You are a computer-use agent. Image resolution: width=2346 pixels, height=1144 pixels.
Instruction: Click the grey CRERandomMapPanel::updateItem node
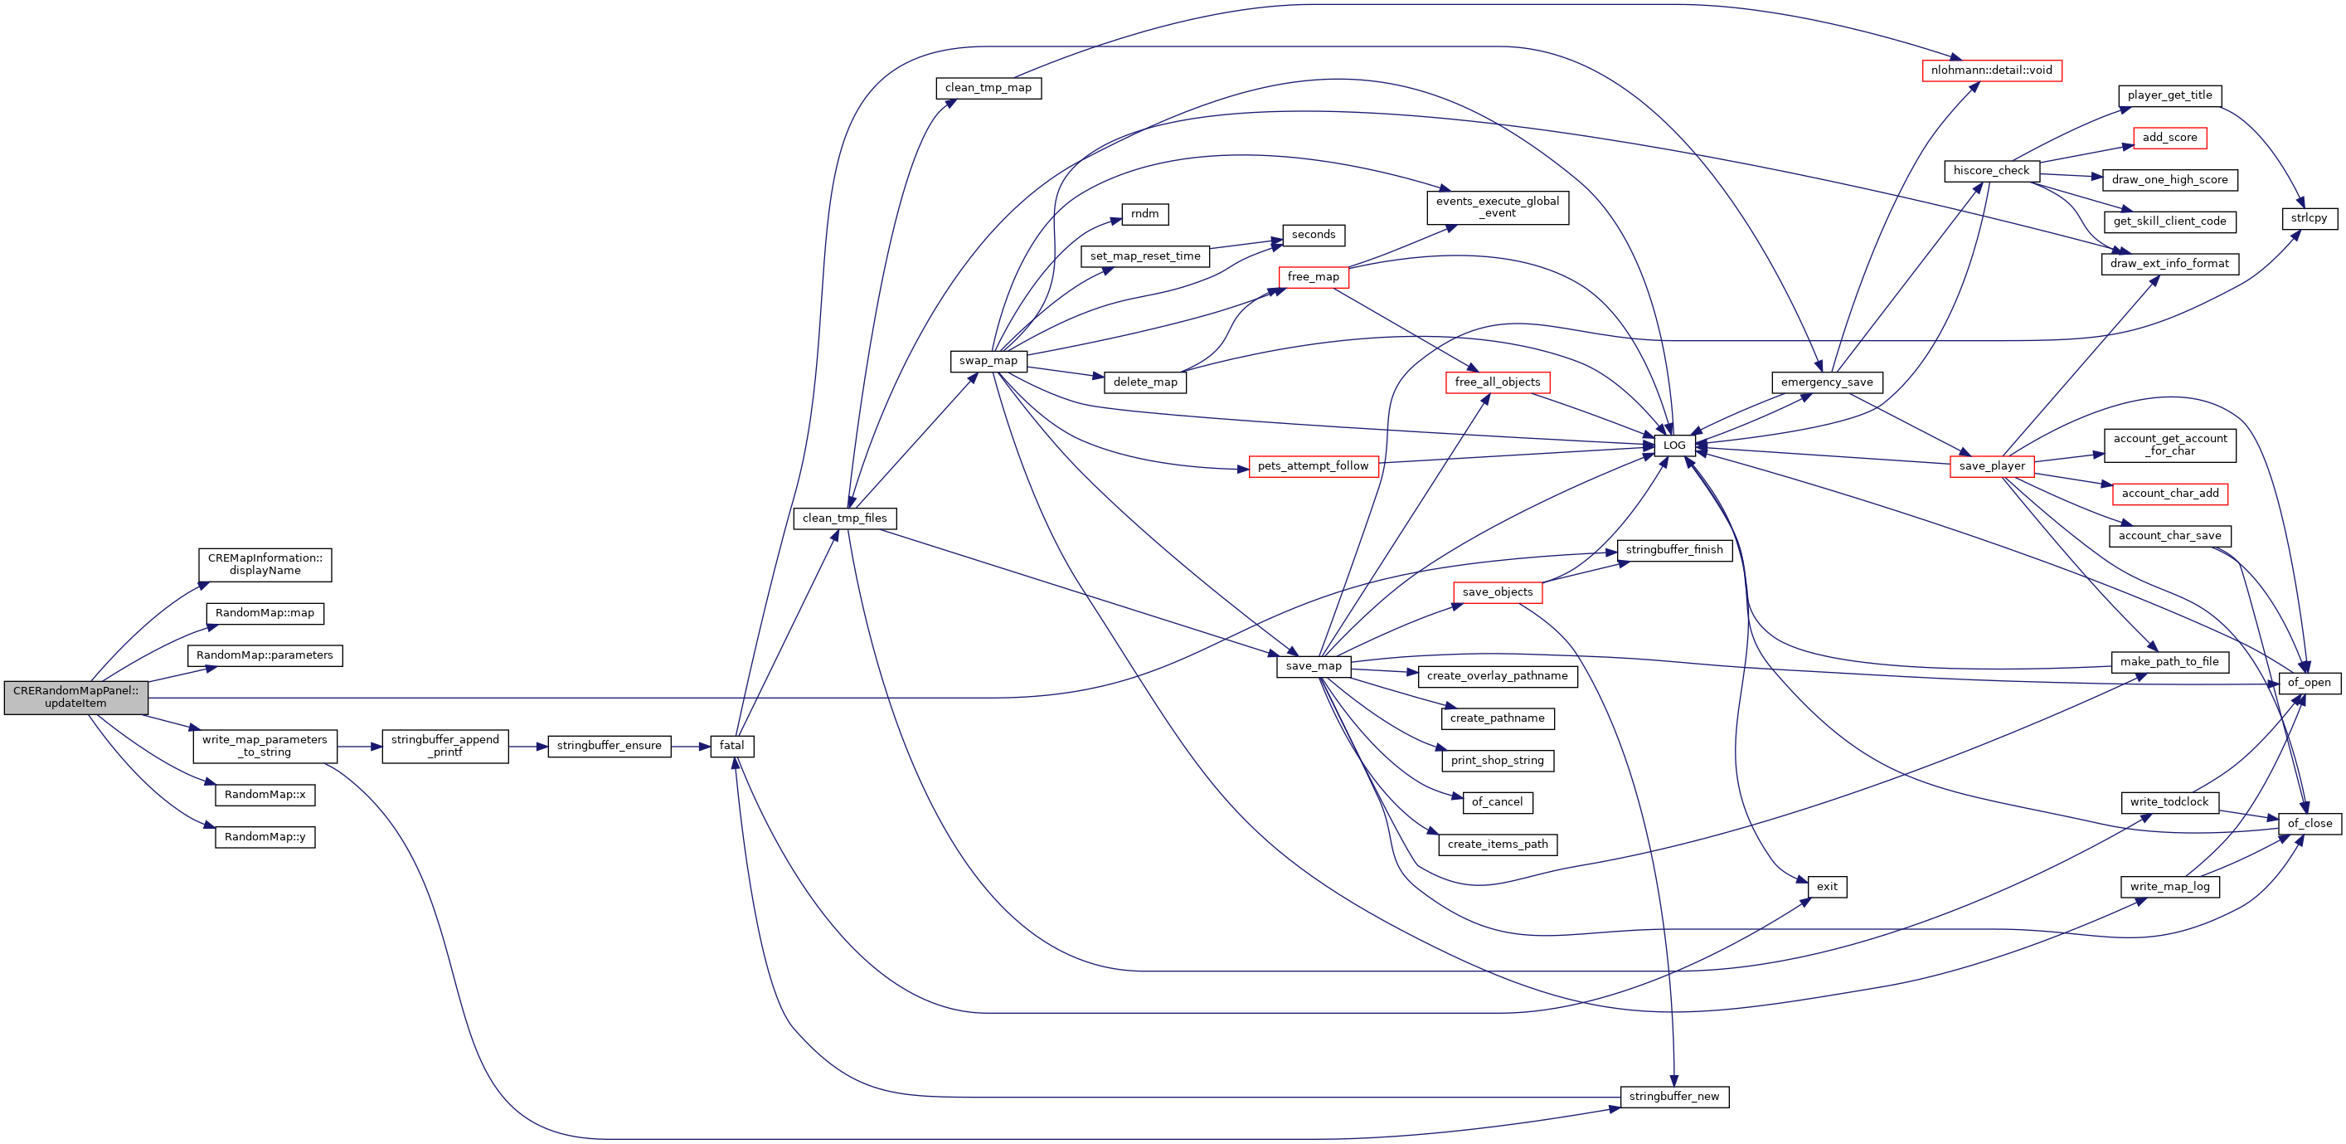click(x=75, y=697)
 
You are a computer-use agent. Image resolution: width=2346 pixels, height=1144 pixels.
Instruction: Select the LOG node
click(x=1674, y=445)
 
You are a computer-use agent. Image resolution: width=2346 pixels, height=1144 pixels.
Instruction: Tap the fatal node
click(x=731, y=746)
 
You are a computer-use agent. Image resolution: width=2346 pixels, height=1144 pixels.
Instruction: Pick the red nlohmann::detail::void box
click(x=1991, y=71)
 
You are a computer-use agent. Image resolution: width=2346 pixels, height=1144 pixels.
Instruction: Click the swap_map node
click(x=987, y=361)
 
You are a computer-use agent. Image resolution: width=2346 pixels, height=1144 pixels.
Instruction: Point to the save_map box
click(x=1314, y=666)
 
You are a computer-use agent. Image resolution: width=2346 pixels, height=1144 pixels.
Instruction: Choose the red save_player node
click(x=1992, y=466)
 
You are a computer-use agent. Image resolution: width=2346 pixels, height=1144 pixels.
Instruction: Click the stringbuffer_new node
click(x=1674, y=1097)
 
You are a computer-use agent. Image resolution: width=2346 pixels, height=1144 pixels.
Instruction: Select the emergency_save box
click(x=1827, y=382)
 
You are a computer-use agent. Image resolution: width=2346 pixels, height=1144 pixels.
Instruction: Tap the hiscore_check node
click(x=1991, y=170)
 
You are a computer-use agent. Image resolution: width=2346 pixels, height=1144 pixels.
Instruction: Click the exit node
click(x=1827, y=886)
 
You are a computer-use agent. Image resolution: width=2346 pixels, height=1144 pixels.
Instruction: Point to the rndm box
click(x=1144, y=214)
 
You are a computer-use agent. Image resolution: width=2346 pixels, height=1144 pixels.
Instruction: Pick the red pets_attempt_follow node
click(x=1313, y=466)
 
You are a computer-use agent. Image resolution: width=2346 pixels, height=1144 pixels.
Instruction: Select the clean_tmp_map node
click(x=988, y=88)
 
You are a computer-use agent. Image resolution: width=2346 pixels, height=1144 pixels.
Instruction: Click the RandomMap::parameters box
click(x=264, y=655)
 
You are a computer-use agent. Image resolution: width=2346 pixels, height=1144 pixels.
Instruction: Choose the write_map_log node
click(x=2169, y=886)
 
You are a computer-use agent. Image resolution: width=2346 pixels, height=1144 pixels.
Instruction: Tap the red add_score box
click(x=2169, y=138)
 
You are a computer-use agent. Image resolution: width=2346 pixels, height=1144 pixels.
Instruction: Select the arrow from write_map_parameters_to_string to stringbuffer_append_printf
click(x=360, y=746)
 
